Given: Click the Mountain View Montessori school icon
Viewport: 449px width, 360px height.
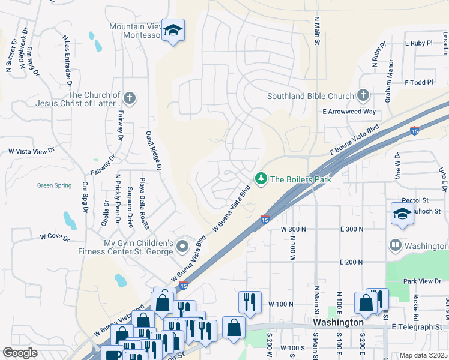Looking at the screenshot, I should pos(173,31).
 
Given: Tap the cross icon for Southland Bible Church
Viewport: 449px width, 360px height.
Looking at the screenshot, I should pos(363,95).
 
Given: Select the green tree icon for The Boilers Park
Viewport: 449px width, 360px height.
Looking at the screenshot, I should pos(261,179).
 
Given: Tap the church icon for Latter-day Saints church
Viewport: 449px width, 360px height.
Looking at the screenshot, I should pos(129,98).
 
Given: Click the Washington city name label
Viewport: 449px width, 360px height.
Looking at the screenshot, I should pos(338,322).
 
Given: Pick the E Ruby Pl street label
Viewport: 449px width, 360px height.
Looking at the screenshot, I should pos(418,43).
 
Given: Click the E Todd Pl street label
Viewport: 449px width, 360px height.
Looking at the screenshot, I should pos(418,82).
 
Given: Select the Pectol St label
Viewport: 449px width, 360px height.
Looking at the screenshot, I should pos(415,199).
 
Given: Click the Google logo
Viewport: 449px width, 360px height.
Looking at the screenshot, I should pos(20,353).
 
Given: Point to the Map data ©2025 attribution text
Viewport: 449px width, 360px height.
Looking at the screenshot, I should pos(424,355).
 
